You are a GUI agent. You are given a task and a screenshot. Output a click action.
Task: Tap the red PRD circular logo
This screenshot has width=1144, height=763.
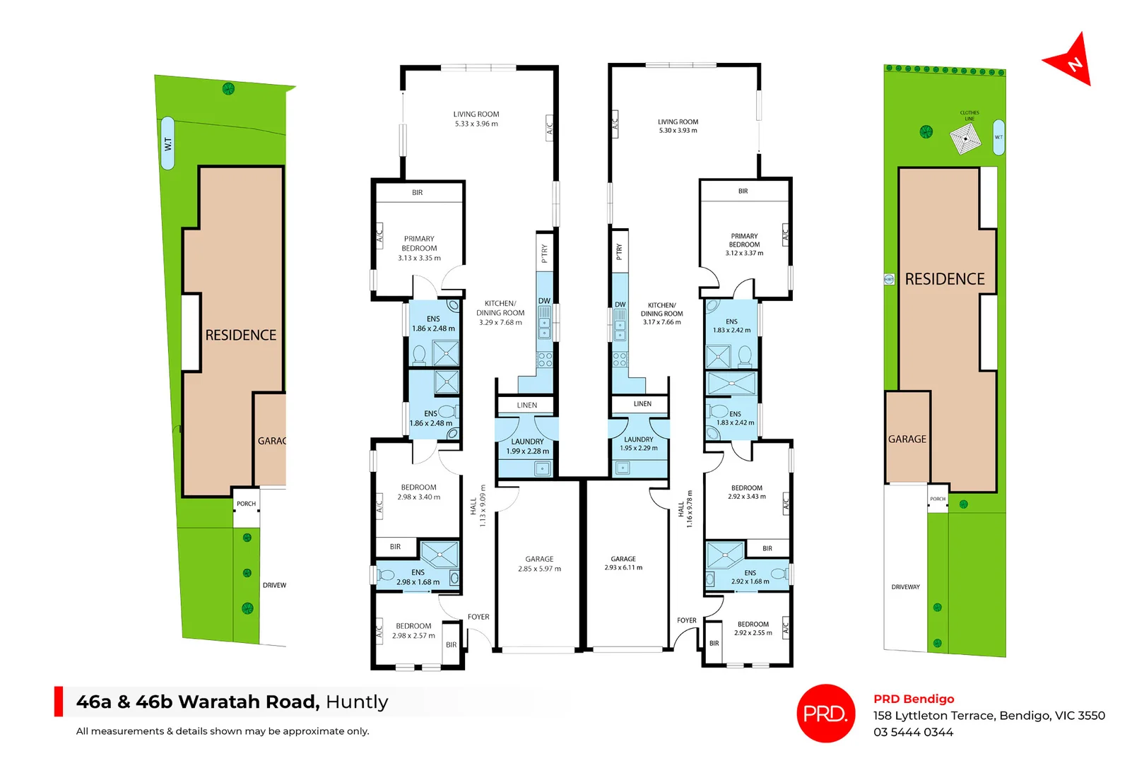[825, 714]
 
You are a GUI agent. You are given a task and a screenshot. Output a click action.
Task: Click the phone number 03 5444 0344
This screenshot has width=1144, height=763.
[913, 733]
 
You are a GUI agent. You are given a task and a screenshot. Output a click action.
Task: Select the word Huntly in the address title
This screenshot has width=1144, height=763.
[357, 702]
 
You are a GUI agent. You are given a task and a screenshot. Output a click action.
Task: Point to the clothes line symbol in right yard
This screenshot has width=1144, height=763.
[966, 138]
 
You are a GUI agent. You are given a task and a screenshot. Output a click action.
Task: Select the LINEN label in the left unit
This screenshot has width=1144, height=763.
[527, 406]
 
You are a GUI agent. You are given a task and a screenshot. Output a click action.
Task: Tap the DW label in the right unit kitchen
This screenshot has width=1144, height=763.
[620, 305]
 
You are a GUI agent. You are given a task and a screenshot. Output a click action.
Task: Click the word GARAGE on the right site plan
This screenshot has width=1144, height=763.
[907, 439]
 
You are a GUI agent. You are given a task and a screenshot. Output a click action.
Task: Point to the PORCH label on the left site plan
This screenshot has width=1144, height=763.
[246, 504]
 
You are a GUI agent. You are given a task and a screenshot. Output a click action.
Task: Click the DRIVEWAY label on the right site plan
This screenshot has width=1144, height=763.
[905, 587]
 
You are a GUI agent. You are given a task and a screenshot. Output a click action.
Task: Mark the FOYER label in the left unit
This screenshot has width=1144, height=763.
[478, 617]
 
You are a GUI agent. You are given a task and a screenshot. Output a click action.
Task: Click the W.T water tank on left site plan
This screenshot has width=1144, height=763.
[167, 143]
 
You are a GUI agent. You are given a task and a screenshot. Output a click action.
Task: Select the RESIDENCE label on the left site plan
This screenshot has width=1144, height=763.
[241, 336]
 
